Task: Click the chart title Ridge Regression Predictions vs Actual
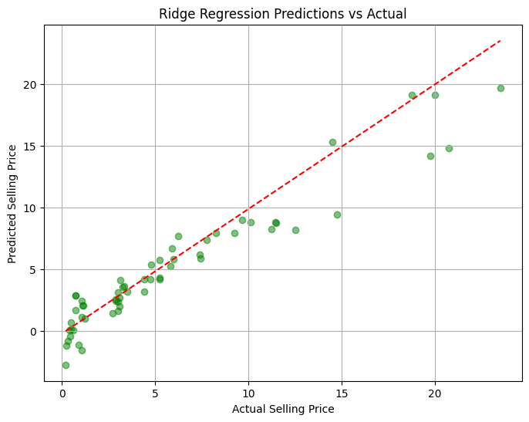pyautogui.click(x=283, y=13)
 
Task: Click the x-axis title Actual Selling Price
pyautogui.click(x=283, y=409)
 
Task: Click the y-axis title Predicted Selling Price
pyautogui.click(x=13, y=203)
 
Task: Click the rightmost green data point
pyautogui.click(x=500, y=88)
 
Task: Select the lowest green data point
pyautogui.click(x=66, y=365)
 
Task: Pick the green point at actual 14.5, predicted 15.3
pyautogui.click(x=332, y=142)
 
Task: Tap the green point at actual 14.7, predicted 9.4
pyautogui.click(x=337, y=214)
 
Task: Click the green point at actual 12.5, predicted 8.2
pyautogui.click(x=295, y=230)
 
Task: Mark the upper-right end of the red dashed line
pyautogui.click(x=500, y=40)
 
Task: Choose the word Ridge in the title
pyautogui.click(x=175, y=13)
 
